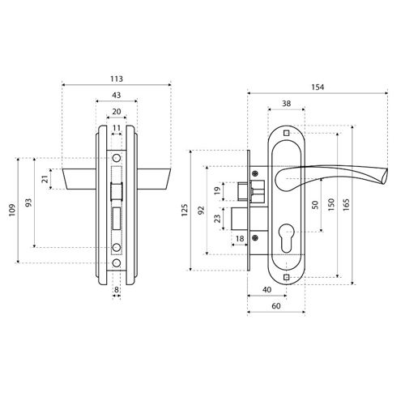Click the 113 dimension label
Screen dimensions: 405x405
coord(117,79)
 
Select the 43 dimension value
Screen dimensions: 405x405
coord(117,95)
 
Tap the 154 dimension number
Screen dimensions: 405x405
coord(318,87)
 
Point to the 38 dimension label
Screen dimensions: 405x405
coord(286,104)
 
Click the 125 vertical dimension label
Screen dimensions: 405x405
coord(185,210)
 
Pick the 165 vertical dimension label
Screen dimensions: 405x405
coord(347,205)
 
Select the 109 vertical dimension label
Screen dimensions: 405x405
coord(12,210)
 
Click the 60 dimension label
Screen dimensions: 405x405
coord(276,306)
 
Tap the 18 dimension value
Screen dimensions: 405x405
coord(240,239)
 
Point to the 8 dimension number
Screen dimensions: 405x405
coord(117,290)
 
